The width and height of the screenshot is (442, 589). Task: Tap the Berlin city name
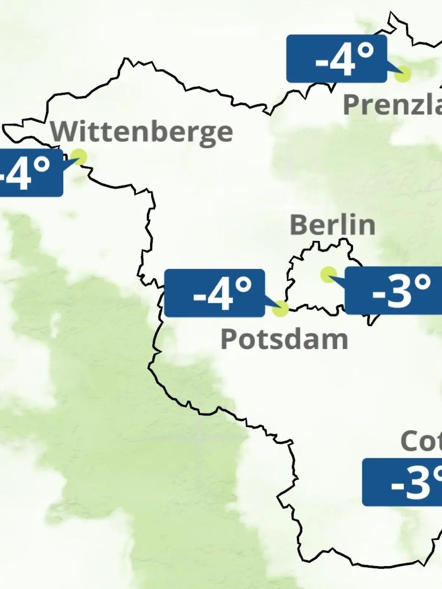[x=332, y=225]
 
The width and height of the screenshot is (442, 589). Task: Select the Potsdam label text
[x=284, y=339]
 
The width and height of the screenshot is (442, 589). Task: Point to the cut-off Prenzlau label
[x=392, y=105]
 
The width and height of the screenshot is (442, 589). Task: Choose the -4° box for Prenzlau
[x=336, y=59]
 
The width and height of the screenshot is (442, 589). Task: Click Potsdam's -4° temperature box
[x=214, y=293]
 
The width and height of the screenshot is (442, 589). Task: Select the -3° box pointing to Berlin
[x=393, y=291]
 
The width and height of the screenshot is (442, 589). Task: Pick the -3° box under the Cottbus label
[x=402, y=482]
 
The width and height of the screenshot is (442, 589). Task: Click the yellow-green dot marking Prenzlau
[x=402, y=74]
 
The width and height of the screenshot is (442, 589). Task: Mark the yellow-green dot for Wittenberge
[x=79, y=156]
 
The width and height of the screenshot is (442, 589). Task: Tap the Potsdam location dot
[x=280, y=308]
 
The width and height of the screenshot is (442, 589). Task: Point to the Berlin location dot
[x=328, y=274]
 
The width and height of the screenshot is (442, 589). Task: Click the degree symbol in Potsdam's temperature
[x=243, y=285]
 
